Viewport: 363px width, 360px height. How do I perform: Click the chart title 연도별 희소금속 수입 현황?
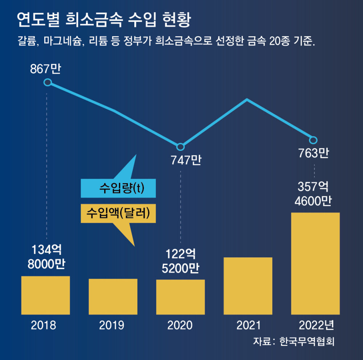point(103,20)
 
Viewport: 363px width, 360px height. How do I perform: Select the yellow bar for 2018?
point(45,295)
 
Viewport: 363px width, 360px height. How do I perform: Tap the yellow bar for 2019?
point(113,296)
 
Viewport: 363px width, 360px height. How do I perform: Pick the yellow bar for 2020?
point(180,297)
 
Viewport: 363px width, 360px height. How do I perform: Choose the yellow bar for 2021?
point(248,286)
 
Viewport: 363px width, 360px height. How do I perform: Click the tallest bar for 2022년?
point(315,263)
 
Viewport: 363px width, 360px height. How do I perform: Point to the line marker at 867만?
point(47,82)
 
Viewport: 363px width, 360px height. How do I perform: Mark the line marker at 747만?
point(180,147)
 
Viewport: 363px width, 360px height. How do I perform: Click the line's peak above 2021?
point(247,99)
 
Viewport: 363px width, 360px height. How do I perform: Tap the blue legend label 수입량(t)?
point(118,188)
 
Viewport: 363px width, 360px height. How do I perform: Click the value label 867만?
point(45,69)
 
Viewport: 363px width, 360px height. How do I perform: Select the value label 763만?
point(314,154)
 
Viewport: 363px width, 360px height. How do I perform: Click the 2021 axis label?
point(248,325)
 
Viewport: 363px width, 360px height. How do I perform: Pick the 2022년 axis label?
point(315,325)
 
